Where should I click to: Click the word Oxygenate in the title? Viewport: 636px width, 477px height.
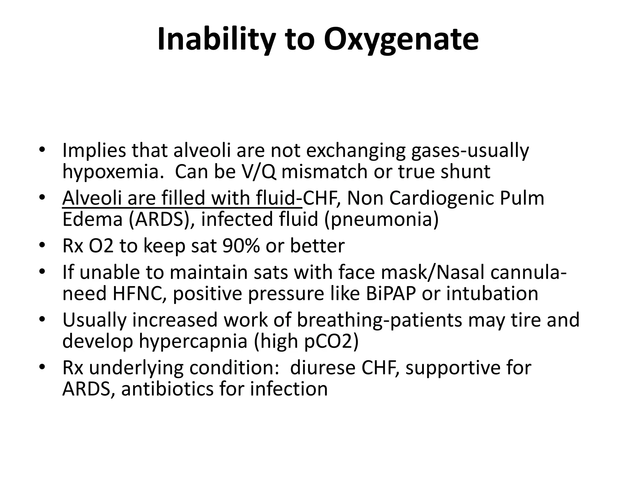(401, 40)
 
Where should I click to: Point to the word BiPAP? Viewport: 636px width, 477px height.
(390, 293)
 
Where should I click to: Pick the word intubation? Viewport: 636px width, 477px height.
(492, 293)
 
